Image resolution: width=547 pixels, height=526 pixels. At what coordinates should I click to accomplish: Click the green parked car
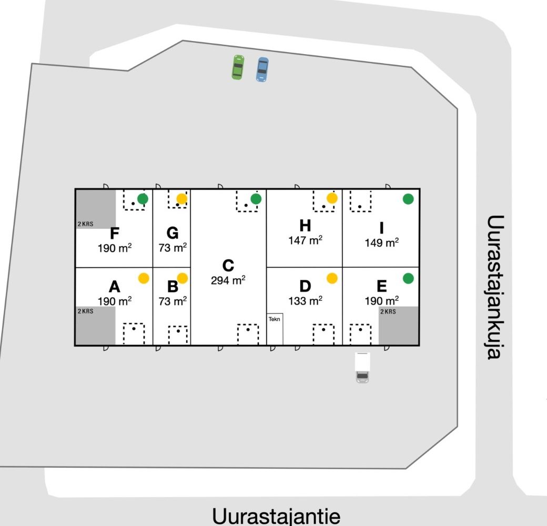click(x=238, y=67)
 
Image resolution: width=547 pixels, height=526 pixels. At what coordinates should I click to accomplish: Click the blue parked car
click(x=262, y=69)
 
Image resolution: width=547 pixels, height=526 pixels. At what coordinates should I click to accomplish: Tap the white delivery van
click(x=362, y=367)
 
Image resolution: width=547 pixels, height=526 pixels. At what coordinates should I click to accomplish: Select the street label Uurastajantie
click(x=276, y=515)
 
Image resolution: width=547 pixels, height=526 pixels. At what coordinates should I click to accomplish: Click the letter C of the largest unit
click(x=228, y=266)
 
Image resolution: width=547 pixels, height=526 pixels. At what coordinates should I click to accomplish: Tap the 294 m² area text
click(x=228, y=280)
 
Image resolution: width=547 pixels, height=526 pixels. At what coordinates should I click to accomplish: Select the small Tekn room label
click(x=275, y=319)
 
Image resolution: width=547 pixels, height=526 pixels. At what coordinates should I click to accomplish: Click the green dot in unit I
click(x=408, y=199)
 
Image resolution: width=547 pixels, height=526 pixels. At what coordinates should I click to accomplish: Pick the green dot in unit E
click(x=408, y=278)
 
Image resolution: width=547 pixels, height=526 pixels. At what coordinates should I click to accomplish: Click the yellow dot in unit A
click(x=144, y=278)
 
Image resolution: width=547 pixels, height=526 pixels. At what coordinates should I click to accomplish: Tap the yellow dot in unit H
click(x=332, y=198)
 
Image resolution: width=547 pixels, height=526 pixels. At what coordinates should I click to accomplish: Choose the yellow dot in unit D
click(x=332, y=278)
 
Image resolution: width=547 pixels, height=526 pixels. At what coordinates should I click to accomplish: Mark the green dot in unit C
click(x=256, y=199)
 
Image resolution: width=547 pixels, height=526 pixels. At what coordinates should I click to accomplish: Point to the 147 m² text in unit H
click(x=305, y=240)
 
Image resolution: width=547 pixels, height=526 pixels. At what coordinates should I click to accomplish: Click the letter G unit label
click(x=172, y=233)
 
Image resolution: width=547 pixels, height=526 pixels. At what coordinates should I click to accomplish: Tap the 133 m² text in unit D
click(x=305, y=300)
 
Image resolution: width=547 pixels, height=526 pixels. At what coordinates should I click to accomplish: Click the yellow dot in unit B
click(x=182, y=278)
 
